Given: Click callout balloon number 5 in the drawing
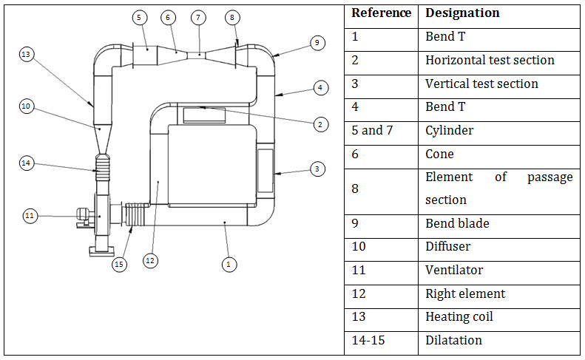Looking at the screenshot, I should click(140, 16).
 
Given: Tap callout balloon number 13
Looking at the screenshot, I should click(27, 55).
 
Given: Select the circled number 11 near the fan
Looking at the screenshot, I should click(29, 216).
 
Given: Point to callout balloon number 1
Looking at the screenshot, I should click(229, 263).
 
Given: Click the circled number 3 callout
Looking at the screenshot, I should click(317, 169).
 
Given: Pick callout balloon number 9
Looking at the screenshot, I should click(317, 43).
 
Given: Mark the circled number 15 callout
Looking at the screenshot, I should click(118, 263).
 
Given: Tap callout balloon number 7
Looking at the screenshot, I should click(197, 16).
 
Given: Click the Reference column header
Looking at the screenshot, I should click(381, 13).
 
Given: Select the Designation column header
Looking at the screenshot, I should click(462, 13).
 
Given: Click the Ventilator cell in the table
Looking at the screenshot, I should click(450, 270).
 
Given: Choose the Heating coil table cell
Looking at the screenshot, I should click(459, 316).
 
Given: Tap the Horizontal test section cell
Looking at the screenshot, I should click(490, 60).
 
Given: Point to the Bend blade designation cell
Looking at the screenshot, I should click(457, 223).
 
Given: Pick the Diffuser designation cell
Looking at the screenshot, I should click(447, 246).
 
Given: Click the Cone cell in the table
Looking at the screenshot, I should click(439, 154).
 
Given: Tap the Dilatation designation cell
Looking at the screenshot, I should click(453, 340).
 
